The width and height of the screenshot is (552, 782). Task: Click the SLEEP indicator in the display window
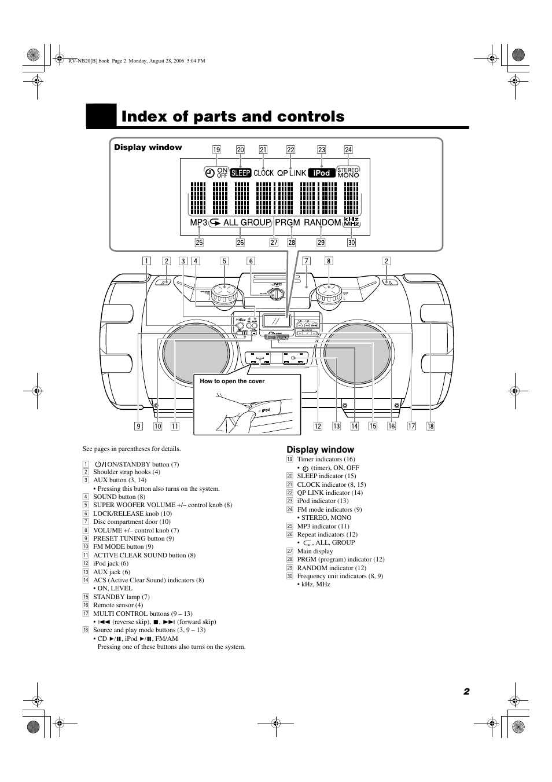(241, 172)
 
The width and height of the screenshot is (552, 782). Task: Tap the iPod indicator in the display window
(321, 172)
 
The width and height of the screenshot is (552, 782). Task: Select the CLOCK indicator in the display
(263, 172)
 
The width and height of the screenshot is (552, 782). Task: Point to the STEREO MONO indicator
(348, 172)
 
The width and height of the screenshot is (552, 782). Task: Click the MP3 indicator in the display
(198, 222)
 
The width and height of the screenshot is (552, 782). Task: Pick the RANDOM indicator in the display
(322, 222)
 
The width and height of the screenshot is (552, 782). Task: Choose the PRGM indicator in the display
(288, 222)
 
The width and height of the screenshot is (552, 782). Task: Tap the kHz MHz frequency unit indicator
(352, 222)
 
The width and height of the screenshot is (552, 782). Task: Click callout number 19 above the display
(216, 149)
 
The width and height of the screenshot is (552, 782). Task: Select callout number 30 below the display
(351, 243)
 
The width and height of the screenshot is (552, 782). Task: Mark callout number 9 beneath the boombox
(138, 427)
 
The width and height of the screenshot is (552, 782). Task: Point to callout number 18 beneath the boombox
(430, 427)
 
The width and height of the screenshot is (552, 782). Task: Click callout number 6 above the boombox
(251, 261)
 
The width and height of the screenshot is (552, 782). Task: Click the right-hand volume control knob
(329, 295)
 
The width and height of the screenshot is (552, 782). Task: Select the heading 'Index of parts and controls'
(233, 116)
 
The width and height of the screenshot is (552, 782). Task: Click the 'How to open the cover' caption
(232, 381)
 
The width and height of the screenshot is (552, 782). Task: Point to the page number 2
(466, 692)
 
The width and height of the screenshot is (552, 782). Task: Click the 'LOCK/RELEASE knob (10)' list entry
(132, 513)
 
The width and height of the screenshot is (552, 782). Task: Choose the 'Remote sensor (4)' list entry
(118, 605)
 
